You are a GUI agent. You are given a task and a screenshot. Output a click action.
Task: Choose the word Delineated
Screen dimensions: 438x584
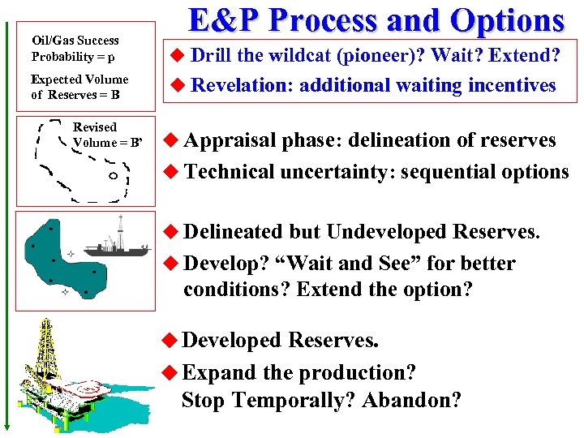234,232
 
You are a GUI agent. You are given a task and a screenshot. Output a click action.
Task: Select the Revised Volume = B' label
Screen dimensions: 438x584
105,135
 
